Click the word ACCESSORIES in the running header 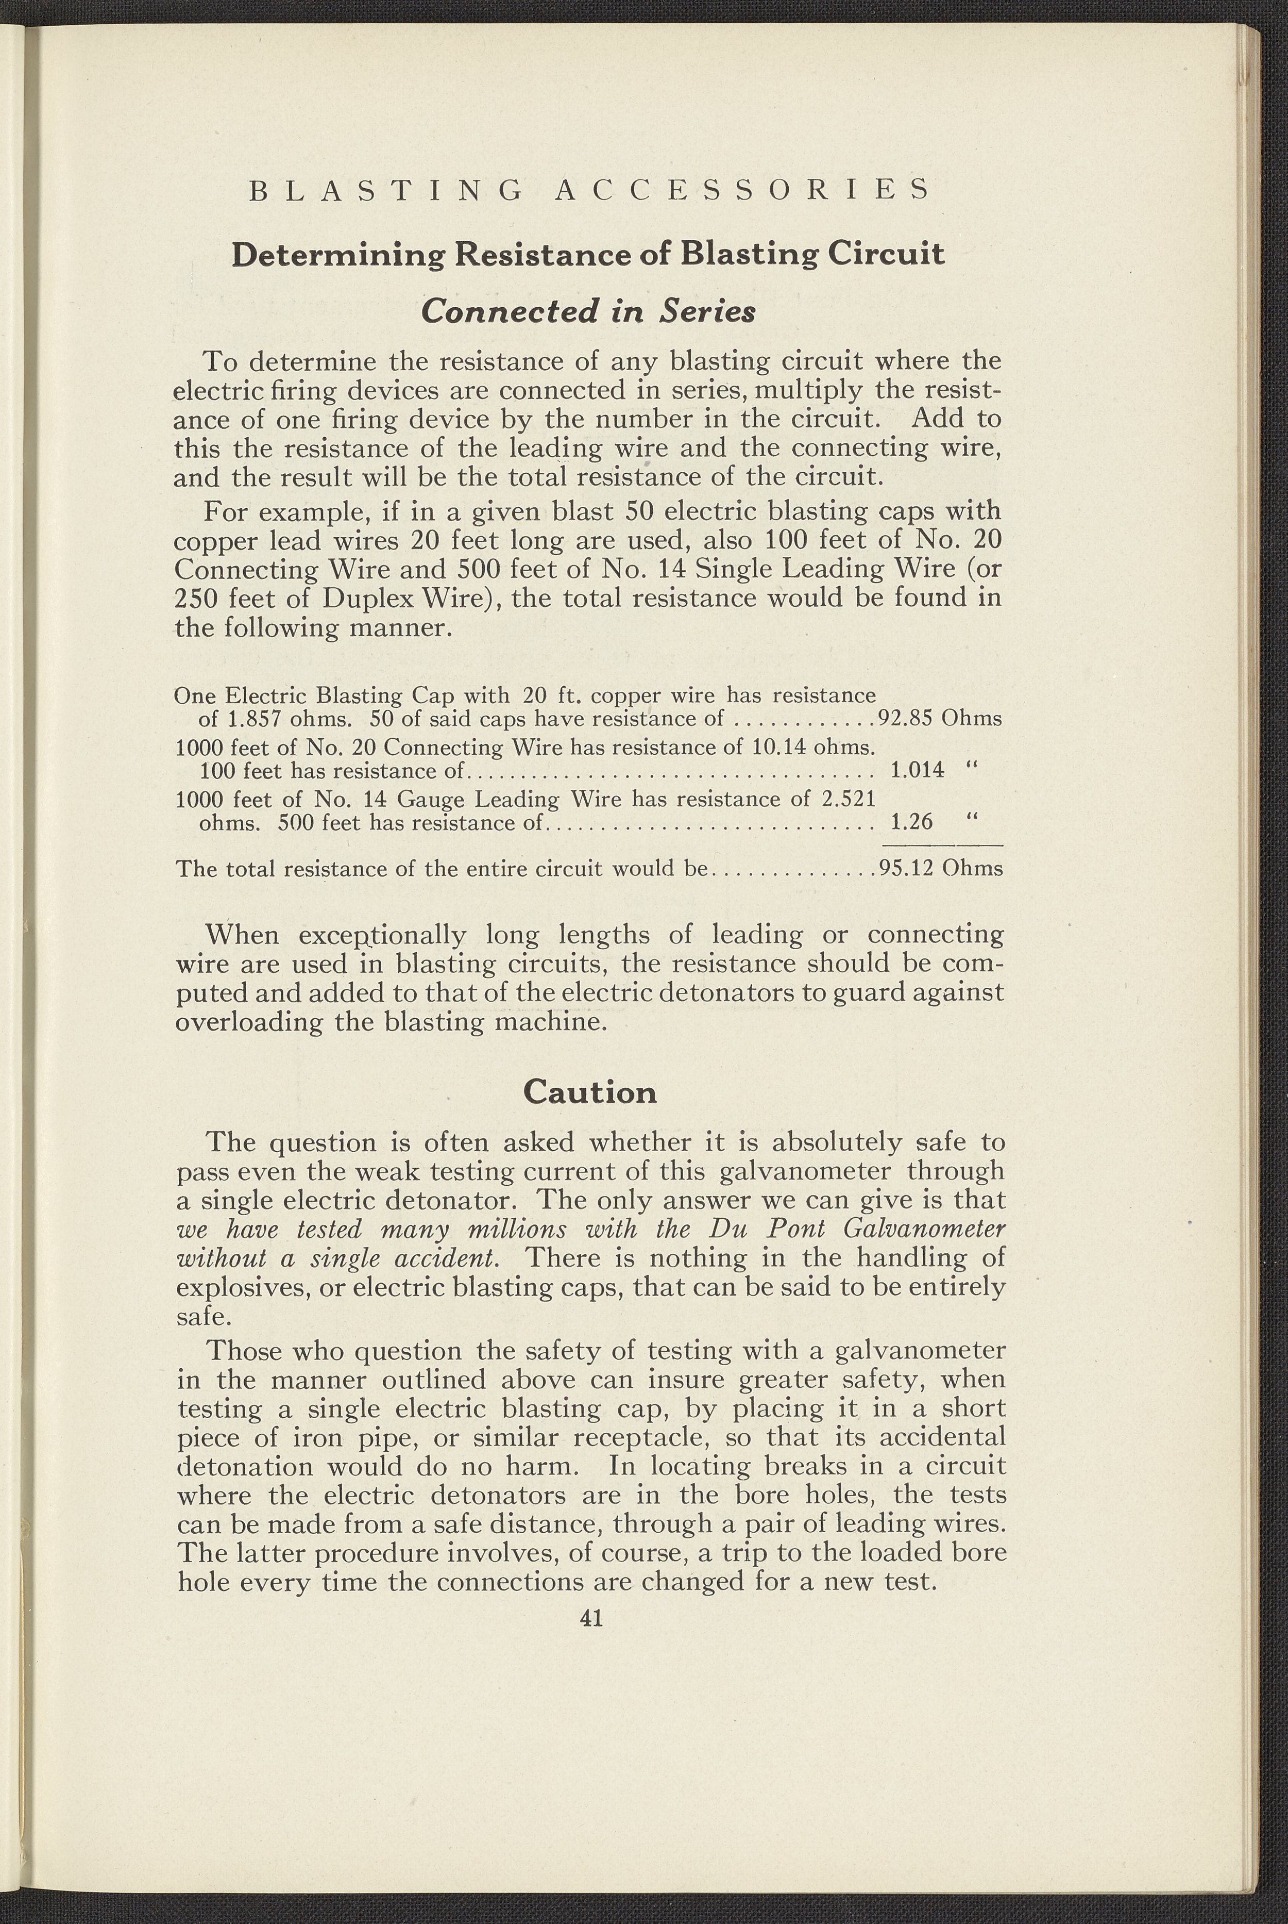(742, 189)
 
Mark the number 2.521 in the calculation (847, 800)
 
